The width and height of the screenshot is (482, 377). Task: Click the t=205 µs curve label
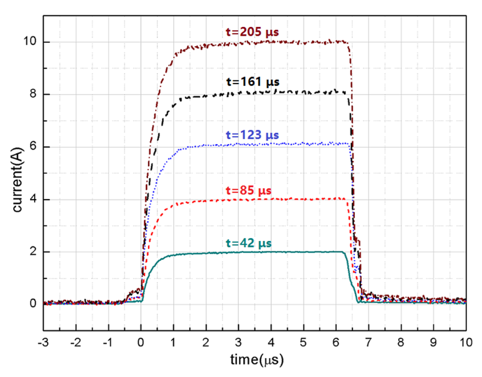point(252,32)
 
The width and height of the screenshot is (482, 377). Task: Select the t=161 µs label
point(253,82)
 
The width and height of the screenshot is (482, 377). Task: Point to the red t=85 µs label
point(248,190)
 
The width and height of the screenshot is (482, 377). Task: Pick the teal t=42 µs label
point(249,243)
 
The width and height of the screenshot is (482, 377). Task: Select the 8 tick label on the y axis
point(34,94)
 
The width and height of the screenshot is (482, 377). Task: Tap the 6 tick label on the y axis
point(34,147)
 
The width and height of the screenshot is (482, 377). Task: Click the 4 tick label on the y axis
point(34,199)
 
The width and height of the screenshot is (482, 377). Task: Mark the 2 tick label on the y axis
point(34,252)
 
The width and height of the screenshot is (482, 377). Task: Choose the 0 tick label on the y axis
point(34,304)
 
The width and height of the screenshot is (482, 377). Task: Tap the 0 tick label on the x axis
point(141,343)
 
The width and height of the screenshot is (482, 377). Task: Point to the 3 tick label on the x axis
point(238,343)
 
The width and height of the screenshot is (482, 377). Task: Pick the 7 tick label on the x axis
point(368,343)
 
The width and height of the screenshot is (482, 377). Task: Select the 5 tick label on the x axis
point(303,343)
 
